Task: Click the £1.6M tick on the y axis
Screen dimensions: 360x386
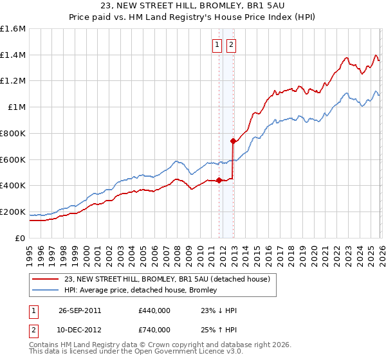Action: [x=13, y=29]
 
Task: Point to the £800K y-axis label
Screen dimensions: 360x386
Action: [x=13, y=133]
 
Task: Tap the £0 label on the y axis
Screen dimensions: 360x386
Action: [x=20, y=238]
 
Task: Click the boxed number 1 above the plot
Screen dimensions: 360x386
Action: [x=216, y=44]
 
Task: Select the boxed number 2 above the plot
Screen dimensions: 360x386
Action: [x=230, y=44]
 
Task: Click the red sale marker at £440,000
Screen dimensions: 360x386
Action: [x=219, y=180]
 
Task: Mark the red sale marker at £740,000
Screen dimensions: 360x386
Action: [x=233, y=141]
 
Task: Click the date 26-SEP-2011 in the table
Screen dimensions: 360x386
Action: [x=80, y=310]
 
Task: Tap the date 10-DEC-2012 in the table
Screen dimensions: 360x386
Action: [x=80, y=329]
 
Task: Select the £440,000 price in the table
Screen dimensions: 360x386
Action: [x=154, y=310]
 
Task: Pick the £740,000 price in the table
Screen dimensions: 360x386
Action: [x=154, y=329]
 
